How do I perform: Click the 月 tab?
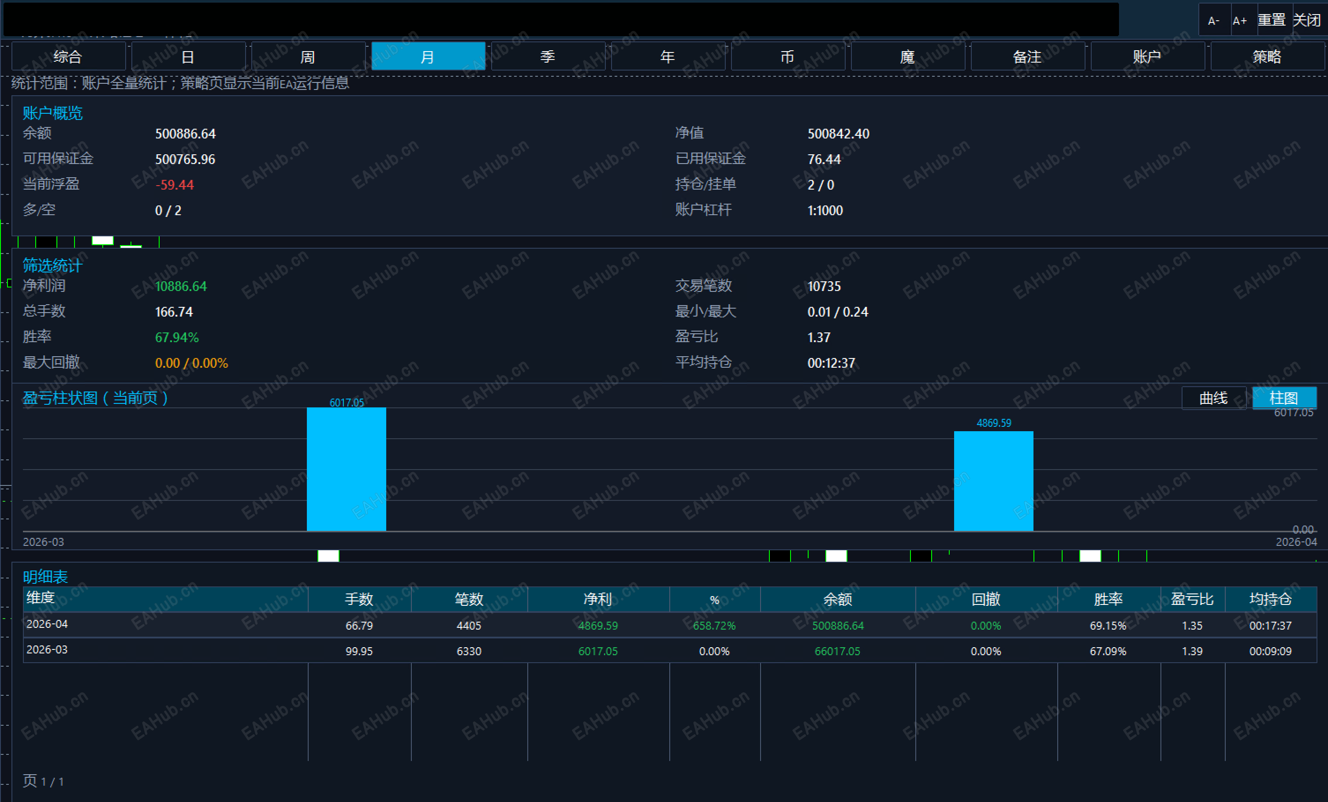click(x=428, y=56)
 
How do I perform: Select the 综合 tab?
click(x=68, y=56)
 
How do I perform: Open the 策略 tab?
click(x=1267, y=56)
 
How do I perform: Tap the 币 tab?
click(x=787, y=56)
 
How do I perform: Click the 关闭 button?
click(x=1307, y=20)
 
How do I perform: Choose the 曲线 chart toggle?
click(x=1213, y=398)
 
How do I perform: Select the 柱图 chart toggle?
click(x=1284, y=398)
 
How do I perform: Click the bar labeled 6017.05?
click(x=347, y=469)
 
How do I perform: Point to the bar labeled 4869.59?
click(x=993, y=481)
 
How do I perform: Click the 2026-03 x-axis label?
click(x=43, y=542)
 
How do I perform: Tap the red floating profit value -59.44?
click(x=175, y=185)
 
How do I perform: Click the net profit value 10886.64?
click(x=181, y=286)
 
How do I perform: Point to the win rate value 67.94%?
click(x=177, y=337)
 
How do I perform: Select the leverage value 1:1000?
click(x=825, y=210)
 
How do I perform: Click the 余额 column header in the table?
click(x=838, y=599)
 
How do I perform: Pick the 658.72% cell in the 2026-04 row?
click(x=714, y=626)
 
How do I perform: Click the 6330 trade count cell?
click(x=469, y=651)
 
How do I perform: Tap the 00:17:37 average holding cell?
click(x=1270, y=626)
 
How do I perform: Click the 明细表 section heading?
click(x=45, y=577)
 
